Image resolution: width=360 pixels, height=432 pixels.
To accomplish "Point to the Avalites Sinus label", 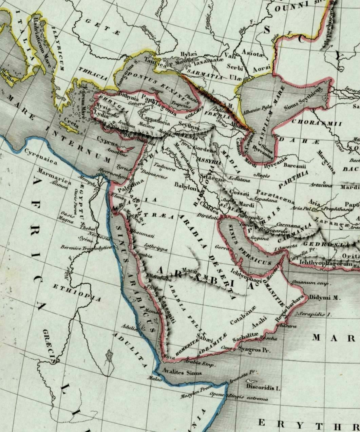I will [x=182, y=372].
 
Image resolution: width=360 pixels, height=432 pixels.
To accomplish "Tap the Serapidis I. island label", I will [x=314, y=315].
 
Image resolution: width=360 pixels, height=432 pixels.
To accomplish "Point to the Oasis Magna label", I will [x=67, y=217].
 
